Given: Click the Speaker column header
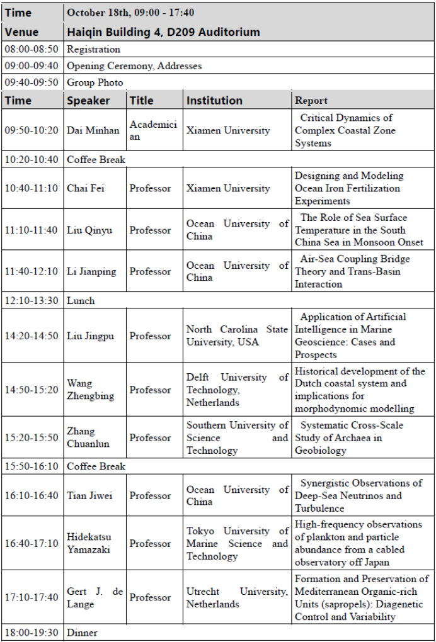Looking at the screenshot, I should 88,100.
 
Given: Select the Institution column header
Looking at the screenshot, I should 214,100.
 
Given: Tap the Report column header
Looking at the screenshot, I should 311,100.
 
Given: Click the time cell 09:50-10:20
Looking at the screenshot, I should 32,130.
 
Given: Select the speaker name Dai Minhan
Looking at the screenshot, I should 93,130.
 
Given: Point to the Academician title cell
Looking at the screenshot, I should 153,130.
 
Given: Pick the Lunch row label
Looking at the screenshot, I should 81,301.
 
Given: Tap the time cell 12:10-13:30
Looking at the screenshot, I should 32,301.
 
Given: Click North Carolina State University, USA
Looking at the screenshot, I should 237,335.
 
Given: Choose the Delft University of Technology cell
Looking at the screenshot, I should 237,390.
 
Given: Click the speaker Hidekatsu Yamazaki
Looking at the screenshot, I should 89,543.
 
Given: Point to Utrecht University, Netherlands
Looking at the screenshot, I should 237,597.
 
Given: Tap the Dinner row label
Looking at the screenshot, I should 83,633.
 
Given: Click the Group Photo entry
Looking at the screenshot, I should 95,82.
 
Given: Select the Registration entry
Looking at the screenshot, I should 93,49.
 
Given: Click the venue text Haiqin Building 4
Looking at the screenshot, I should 163,31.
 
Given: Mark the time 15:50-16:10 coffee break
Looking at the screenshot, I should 32,466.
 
